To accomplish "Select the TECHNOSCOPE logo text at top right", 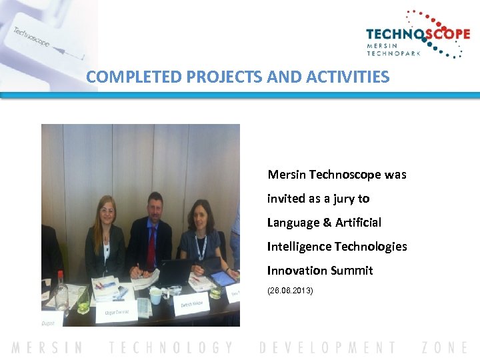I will [418, 34].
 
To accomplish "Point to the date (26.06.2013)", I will [289, 291].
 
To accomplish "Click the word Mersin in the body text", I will [287, 175].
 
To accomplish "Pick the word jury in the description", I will [338, 199].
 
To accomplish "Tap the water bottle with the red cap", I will [60, 291].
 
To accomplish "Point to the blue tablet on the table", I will [223, 277].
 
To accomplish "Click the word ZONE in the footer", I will [445, 347].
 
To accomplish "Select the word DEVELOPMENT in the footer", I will [327, 347].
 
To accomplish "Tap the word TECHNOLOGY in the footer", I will [171, 347].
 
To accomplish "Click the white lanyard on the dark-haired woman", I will [200, 247].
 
